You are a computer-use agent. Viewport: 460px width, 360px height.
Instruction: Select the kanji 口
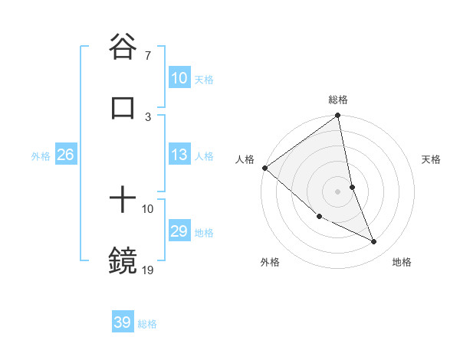click(x=123, y=108)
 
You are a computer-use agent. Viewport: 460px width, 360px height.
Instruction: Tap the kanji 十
click(x=123, y=201)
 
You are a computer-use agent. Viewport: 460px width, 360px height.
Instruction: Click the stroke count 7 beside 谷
click(x=147, y=56)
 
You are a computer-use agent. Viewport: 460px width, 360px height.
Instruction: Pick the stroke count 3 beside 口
click(x=147, y=116)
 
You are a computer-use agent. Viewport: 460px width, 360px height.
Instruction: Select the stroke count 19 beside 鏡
click(x=148, y=270)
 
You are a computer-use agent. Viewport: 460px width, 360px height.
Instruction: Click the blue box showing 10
click(x=179, y=78)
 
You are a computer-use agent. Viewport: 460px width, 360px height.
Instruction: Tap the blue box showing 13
click(x=179, y=155)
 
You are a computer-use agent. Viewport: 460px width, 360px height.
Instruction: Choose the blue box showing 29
click(x=179, y=232)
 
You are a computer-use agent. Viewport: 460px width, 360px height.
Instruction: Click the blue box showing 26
click(x=65, y=155)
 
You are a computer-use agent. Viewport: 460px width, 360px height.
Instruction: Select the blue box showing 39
click(x=123, y=323)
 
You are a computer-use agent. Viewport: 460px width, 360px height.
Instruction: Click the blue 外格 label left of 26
click(x=41, y=156)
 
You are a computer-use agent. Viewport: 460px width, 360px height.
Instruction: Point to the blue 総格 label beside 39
click(x=147, y=324)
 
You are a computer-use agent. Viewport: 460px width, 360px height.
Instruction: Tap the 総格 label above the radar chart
click(x=338, y=100)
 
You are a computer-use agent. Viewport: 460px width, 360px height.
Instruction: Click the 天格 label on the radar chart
click(x=432, y=159)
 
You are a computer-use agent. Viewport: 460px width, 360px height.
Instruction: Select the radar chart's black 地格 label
click(x=402, y=262)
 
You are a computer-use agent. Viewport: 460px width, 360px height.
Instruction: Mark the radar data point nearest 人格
click(x=264, y=168)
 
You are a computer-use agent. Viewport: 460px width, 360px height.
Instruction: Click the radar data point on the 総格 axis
click(x=338, y=116)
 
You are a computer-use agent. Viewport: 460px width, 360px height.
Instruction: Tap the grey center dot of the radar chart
click(x=338, y=191)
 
